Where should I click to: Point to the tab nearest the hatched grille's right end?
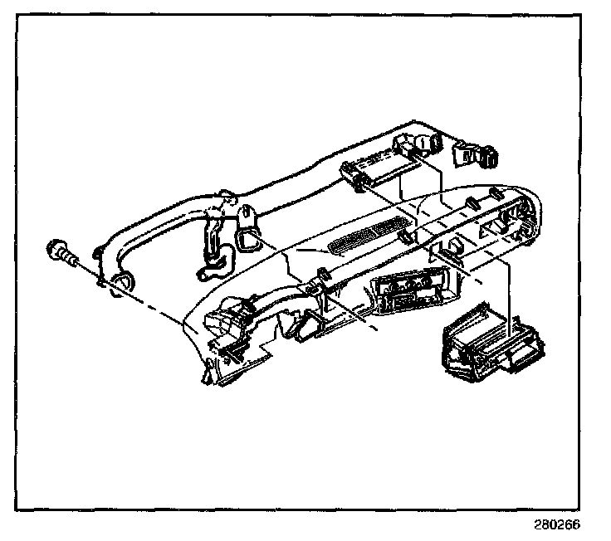click(407, 237)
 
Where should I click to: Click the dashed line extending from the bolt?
click(149, 295)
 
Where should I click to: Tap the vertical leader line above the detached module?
click(508, 286)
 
